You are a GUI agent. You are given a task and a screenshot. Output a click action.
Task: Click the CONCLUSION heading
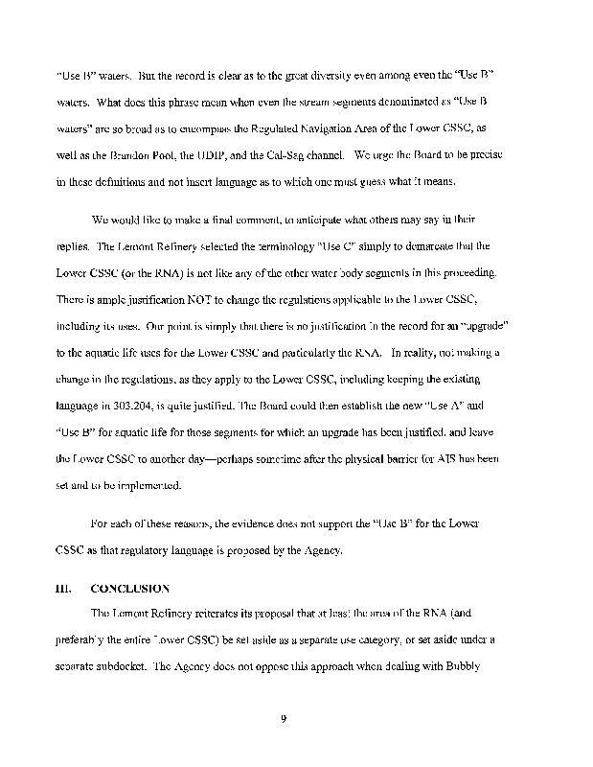pyautogui.click(x=130, y=587)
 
